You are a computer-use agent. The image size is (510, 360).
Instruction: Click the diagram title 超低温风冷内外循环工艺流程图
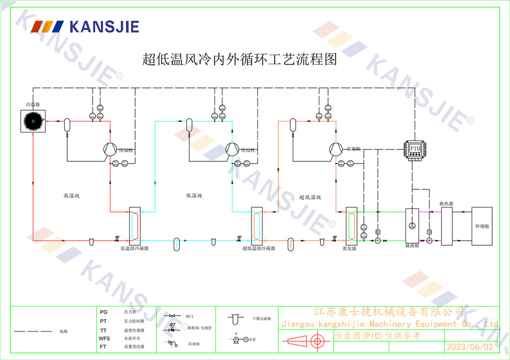(240, 60)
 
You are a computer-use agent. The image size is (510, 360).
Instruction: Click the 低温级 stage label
(194, 195)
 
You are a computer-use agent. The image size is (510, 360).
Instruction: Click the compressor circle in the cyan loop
(232, 148)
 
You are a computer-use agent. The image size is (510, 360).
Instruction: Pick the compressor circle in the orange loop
(336, 148)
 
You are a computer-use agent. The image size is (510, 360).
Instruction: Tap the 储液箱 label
(412, 245)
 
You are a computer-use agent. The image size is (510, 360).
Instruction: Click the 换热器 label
(447, 203)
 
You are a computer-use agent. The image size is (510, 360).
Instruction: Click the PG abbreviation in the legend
(104, 312)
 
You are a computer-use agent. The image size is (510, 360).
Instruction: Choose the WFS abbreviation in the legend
(104, 338)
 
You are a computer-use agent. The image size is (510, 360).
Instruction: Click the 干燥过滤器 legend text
(262, 318)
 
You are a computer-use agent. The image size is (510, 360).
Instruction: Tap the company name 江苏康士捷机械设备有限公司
(389, 311)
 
